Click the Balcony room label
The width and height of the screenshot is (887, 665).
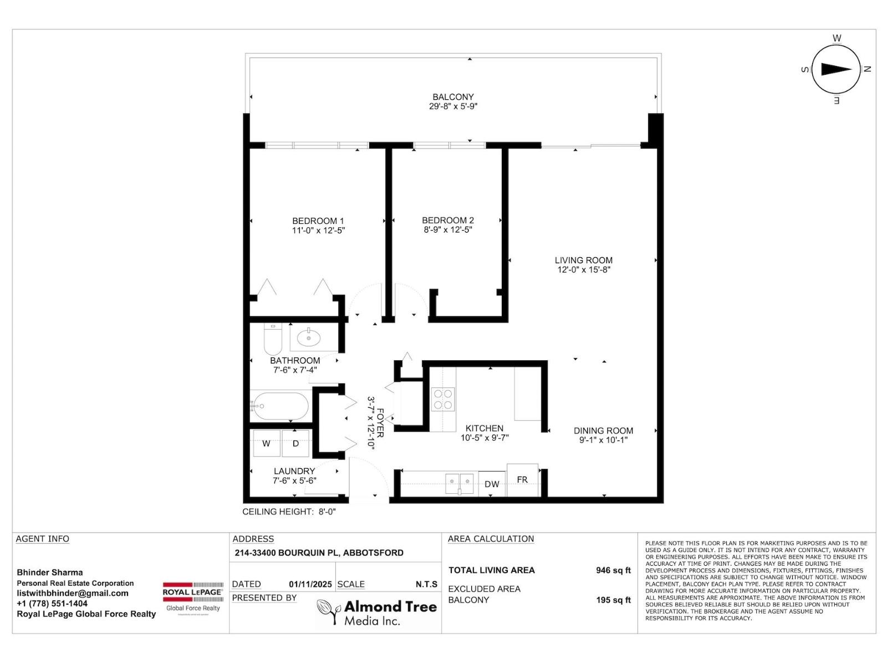(x=453, y=97)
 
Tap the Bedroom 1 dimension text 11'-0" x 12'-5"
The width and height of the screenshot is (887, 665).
(x=318, y=231)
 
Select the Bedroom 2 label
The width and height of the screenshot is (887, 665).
(x=447, y=221)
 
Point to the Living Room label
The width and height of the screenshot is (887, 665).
(x=583, y=260)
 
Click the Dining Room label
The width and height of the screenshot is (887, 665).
(x=603, y=431)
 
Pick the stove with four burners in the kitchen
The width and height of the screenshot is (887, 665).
(x=443, y=399)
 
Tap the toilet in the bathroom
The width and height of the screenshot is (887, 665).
(x=273, y=339)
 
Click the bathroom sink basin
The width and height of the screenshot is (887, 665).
(x=308, y=336)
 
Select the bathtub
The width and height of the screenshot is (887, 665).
(x=279, y=407)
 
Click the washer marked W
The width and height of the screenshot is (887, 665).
(x=266, y=443)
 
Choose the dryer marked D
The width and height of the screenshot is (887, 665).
(x=295, y=443)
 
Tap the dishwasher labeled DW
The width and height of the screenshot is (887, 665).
(x=492, y=484)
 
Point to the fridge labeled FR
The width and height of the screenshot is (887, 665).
(x=522, y=479)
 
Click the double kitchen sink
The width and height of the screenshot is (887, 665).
(x=460, y=483)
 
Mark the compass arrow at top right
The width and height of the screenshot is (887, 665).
(x=836, y=69)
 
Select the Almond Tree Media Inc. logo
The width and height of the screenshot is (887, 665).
(x=377, y=613)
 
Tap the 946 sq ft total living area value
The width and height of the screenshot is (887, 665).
(x=613, y=570)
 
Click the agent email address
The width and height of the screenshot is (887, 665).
(x=73, y=594)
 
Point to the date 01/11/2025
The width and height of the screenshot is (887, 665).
(x=310, y=584)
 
